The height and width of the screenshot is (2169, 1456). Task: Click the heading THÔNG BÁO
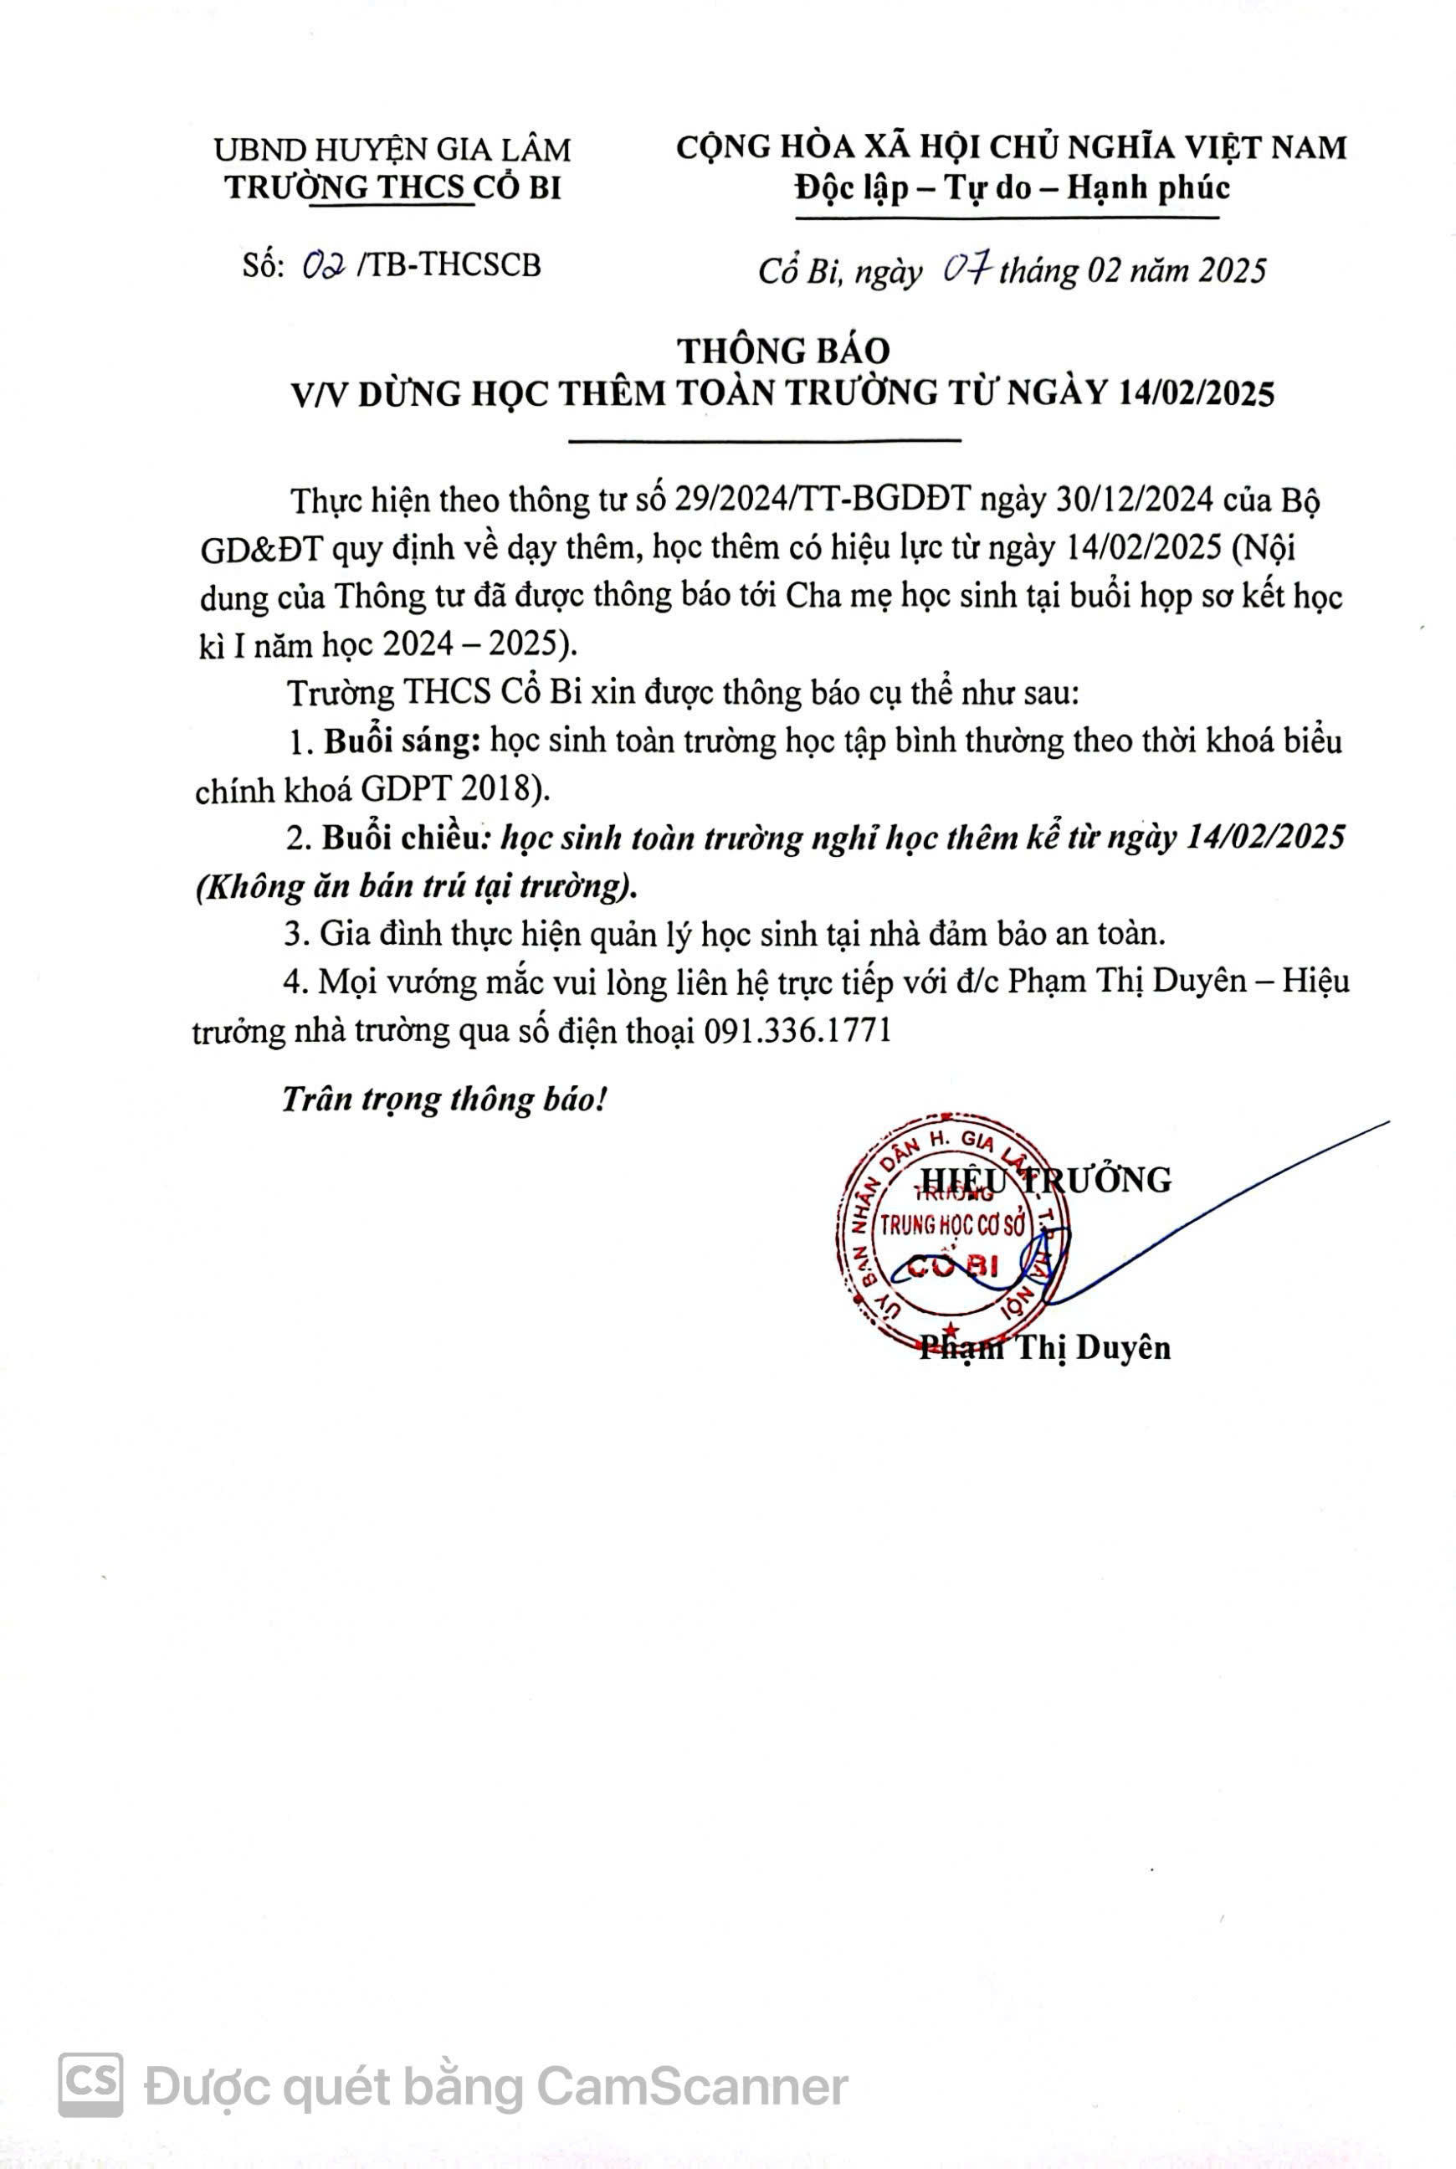click(x=782, y=350)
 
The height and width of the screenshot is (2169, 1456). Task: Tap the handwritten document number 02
click(x=325, y=266)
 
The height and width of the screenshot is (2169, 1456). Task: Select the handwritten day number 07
click(x=967, y=269)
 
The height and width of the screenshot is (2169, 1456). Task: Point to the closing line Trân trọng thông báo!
click(x=443, y=1100)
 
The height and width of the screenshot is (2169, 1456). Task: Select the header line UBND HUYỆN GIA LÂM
click(x=392, y=150)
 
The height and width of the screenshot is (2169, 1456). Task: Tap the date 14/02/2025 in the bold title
click(x=1196, y=393)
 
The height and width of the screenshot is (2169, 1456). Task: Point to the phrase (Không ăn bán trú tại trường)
click(x=416, y=887)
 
